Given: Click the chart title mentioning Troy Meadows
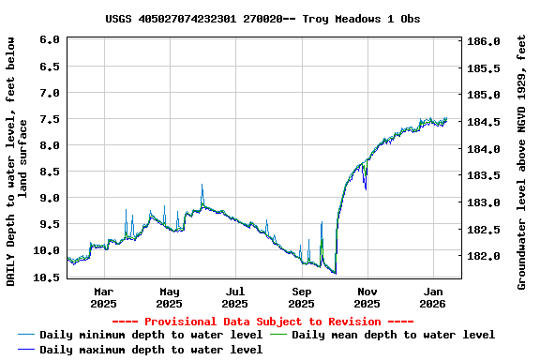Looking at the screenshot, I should (x=262, y=19).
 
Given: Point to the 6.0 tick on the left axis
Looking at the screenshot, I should (x=51, y=40).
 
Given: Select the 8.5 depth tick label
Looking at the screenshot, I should (x=51, y=172).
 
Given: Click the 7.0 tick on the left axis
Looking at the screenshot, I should (x=51, y=93).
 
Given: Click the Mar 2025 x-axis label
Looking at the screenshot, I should (x=104, y=297).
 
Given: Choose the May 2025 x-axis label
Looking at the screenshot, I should (x=170, y=297).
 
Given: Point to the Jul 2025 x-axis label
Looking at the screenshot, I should (x=235, y=297).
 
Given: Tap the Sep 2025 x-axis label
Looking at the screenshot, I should (x=301, y=297).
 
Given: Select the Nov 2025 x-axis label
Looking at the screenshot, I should (x=367, y=297).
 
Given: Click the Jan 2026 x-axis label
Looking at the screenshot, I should (x=433, y=297).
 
